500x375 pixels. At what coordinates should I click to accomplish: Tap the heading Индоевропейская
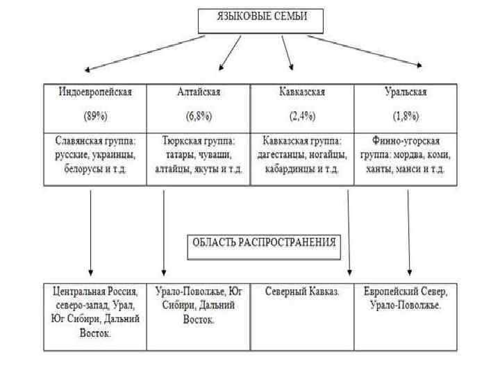pyautogui.click(x=95, y=91)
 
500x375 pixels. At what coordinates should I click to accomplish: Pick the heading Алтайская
pyautogui.click(x=199, y=91)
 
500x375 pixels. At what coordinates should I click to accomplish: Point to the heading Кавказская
pyautogui.click(x=302, y=91)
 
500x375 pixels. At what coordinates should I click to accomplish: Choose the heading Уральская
pyautogui.click(x=406, y=91)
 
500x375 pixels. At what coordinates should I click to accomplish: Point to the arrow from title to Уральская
pyautogui.click(x=365, y=51)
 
